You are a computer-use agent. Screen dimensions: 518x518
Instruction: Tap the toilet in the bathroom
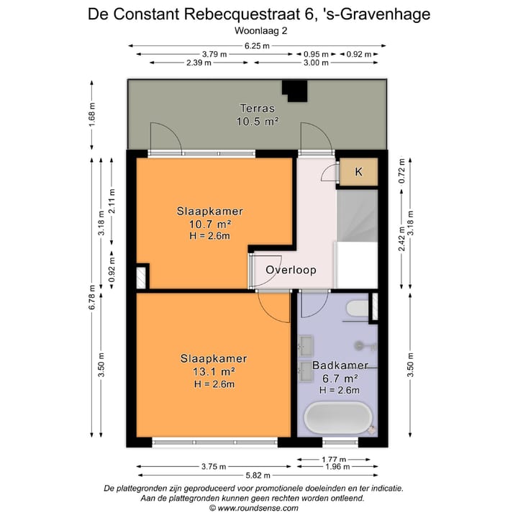coord(356,309)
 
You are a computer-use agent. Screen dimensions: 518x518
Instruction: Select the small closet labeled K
coord(358,171)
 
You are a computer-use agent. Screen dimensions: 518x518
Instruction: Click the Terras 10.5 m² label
coord(257,115)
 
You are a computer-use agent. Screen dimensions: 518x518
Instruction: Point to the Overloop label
coord(291,270)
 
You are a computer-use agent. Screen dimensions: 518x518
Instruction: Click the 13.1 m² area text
coord(214,371)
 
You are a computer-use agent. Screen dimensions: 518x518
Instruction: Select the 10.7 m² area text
coord(209,224)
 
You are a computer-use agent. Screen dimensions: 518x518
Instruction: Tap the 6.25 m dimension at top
coord(257,46)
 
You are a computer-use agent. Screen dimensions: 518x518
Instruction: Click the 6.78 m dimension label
coord(92,296)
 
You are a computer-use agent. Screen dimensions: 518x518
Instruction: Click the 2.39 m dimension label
coord(199,63)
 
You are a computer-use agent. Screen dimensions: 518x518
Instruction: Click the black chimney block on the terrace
coord(294,91)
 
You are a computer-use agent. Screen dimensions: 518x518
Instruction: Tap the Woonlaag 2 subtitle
coord(259,30)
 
